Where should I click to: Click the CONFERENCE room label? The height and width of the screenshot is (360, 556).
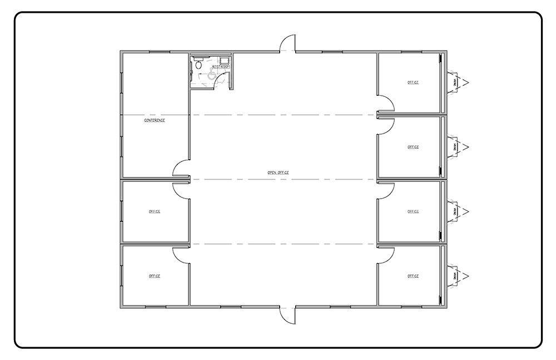tap(155, 120)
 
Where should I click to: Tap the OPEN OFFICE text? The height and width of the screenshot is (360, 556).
tap(278, 172)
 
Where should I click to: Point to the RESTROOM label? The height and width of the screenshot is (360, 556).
tap(221, 67)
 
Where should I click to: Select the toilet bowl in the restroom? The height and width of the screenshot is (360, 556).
tap(198, 65)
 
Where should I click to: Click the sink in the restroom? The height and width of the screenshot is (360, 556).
tap(224, 61)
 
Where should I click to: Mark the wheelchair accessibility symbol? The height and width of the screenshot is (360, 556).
tap(211, 75)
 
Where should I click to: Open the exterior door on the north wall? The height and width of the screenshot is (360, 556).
tap(287, 43)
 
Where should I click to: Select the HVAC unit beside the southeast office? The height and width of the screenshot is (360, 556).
tap(458, 276)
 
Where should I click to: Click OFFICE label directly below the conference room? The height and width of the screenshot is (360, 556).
tap(155, 211)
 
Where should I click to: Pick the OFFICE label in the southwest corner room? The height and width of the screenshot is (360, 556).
tap(155, 276)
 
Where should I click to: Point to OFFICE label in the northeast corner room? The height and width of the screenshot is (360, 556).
tap(413, 82)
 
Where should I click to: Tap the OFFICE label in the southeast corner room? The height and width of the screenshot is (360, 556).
tap(413, 276)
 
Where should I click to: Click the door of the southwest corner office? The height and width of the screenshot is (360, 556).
tap(181, 255)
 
